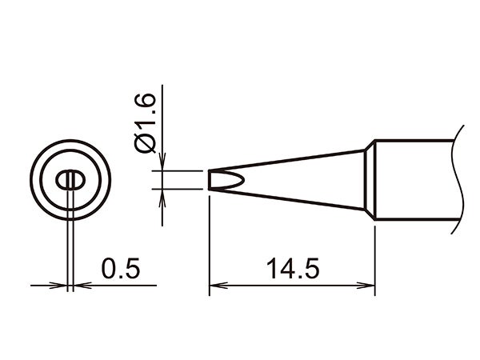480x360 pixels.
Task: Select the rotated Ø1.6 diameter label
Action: [146, 130]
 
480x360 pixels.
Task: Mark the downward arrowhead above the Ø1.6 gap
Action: [162, 163]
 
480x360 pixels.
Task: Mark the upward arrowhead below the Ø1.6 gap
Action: [162, 197]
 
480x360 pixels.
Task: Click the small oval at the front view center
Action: [70, 181]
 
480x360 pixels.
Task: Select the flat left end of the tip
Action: [210, 180]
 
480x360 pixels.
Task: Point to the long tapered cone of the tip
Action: [304, 180]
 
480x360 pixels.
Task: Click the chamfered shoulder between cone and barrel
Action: [370, 180]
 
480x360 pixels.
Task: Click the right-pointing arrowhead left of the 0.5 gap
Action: [59, 285]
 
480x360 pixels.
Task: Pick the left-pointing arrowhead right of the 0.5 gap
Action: [81, 285]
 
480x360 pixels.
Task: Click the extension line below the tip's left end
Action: [210, 240]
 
